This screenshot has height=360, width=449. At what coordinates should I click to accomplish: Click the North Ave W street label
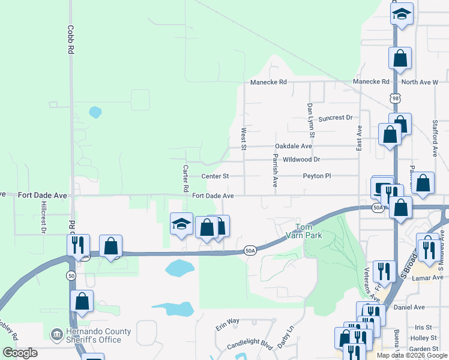click(x=420, y=82)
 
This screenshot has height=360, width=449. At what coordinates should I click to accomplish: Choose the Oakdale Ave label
click(x=294, y=146)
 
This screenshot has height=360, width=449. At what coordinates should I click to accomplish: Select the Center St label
click(x=215, y=176)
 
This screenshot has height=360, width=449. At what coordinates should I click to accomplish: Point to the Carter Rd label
click(x=186, y=179)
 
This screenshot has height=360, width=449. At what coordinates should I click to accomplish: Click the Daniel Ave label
click(x=409, y=307)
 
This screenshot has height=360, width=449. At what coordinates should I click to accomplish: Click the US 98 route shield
click(x=394, y=98)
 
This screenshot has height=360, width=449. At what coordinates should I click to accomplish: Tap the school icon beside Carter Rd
click(x=181, y=224)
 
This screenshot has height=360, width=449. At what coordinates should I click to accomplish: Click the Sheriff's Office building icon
click(x=56, y=334)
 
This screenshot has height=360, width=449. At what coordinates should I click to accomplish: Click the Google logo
click(x=20, y=353)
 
